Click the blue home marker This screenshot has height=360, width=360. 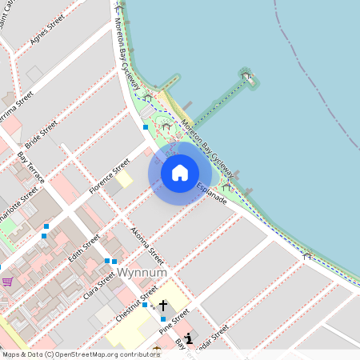click(x=180, y=173)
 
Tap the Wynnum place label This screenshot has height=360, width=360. click(x=142, y=273)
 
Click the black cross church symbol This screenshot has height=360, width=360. click(x=163, y=306)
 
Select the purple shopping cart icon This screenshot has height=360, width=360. click(x=7, y=282)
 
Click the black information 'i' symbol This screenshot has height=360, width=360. click(x=189, y=338)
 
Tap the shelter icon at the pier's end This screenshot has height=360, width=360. click(x=246, y=77)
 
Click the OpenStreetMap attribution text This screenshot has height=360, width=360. click(x=70, y=354)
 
